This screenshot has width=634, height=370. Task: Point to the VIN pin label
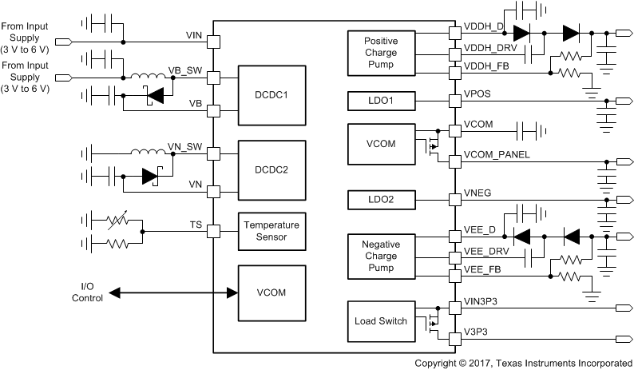(194, 35)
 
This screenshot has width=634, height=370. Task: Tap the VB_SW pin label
(184, 70)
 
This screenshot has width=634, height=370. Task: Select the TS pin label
(196, 225)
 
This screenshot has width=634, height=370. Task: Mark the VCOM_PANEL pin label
(497, 154)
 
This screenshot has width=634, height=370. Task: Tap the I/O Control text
(88, 292)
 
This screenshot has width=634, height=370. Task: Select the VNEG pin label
(477, 193)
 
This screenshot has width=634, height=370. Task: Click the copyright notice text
(523, 362)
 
